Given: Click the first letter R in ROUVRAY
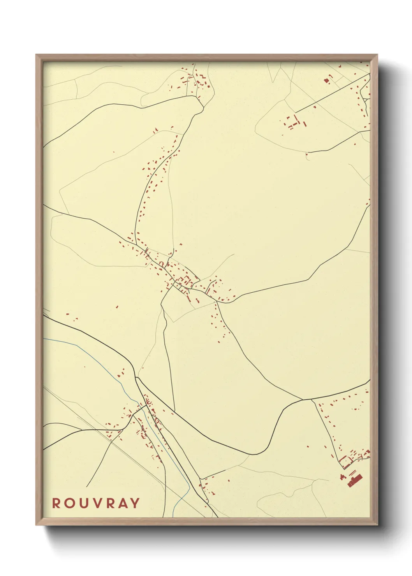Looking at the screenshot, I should (56, 503).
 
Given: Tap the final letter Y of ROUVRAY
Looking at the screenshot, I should (135, 503).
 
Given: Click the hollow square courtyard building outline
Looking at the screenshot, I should (345, 462).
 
